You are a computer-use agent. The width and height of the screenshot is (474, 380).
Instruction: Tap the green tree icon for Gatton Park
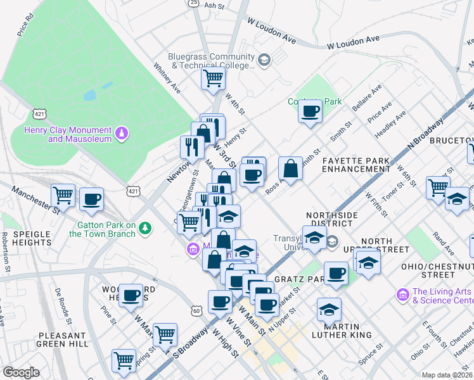(146, 228)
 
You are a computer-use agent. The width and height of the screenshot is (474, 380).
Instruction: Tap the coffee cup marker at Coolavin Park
(310, 112)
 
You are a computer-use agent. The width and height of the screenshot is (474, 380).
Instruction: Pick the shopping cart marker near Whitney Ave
(214, 79)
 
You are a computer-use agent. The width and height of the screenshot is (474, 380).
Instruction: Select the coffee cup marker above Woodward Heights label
(131, 294)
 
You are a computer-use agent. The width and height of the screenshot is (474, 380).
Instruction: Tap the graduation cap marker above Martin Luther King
(329, 310)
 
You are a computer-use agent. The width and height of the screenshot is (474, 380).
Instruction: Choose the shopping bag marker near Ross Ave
(290, 169)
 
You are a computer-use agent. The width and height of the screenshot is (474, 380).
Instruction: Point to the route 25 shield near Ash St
(193, 3)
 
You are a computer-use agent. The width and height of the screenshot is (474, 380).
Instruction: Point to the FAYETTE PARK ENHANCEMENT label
(355, 165)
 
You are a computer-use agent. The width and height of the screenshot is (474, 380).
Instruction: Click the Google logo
(21, 372)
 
